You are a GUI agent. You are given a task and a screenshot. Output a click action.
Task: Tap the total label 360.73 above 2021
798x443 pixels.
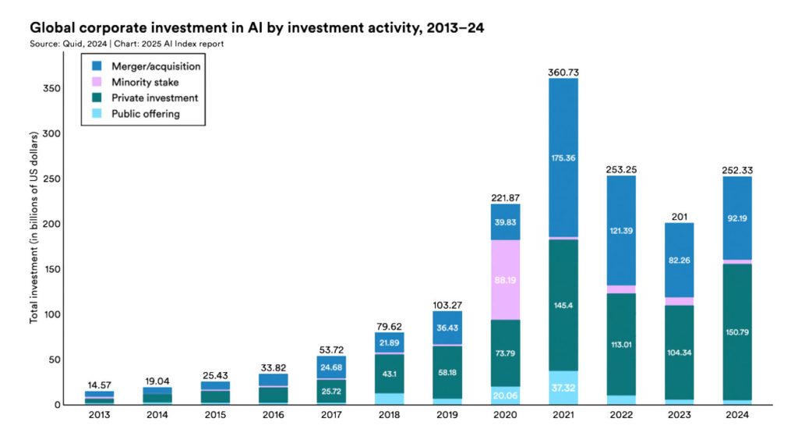coord(574,72)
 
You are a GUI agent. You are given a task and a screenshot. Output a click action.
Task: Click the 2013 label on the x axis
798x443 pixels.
coord(100,416)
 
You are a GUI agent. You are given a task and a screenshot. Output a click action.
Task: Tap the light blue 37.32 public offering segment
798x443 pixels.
coord(574,388)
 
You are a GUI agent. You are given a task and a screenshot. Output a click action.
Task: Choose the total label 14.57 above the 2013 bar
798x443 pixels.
coord(100,385)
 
